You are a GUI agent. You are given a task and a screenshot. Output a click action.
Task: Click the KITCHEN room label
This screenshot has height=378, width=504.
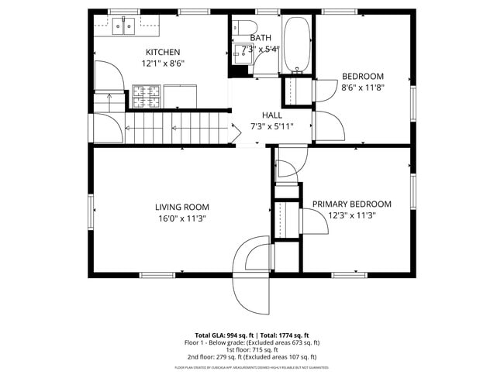(163, 52)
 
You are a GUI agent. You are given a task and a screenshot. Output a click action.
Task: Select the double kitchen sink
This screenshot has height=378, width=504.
(123, 27)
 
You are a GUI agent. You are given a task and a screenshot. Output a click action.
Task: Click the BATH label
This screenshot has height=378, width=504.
(261, 37)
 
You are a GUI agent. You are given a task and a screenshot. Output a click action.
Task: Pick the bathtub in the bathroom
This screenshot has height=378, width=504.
(297, 43)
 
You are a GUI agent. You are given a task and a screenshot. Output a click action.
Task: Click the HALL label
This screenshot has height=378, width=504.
(271, 115)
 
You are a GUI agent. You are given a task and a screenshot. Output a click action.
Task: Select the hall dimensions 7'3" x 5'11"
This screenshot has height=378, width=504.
(271, 125)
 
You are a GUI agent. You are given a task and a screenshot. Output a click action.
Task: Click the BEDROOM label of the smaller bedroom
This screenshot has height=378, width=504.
(363, 76)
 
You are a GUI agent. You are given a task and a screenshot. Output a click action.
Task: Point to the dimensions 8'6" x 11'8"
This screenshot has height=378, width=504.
(363, 88)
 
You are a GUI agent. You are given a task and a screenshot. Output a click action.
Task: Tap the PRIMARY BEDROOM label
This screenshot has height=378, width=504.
(351, 204)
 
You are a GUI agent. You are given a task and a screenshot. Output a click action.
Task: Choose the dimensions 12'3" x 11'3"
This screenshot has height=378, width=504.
(351, 216)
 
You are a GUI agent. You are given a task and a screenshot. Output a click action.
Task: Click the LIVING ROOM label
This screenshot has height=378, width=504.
(182, 207)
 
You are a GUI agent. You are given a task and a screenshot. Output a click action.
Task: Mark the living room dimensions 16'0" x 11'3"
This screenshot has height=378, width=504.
(182, 218)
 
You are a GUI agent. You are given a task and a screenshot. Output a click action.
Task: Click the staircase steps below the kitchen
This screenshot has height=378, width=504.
(178, 127)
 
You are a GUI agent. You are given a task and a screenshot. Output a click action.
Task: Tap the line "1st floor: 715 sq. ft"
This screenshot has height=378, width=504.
(252, 349)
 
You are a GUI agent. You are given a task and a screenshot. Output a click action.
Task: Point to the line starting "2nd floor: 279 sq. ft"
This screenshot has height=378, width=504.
(252, 357)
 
